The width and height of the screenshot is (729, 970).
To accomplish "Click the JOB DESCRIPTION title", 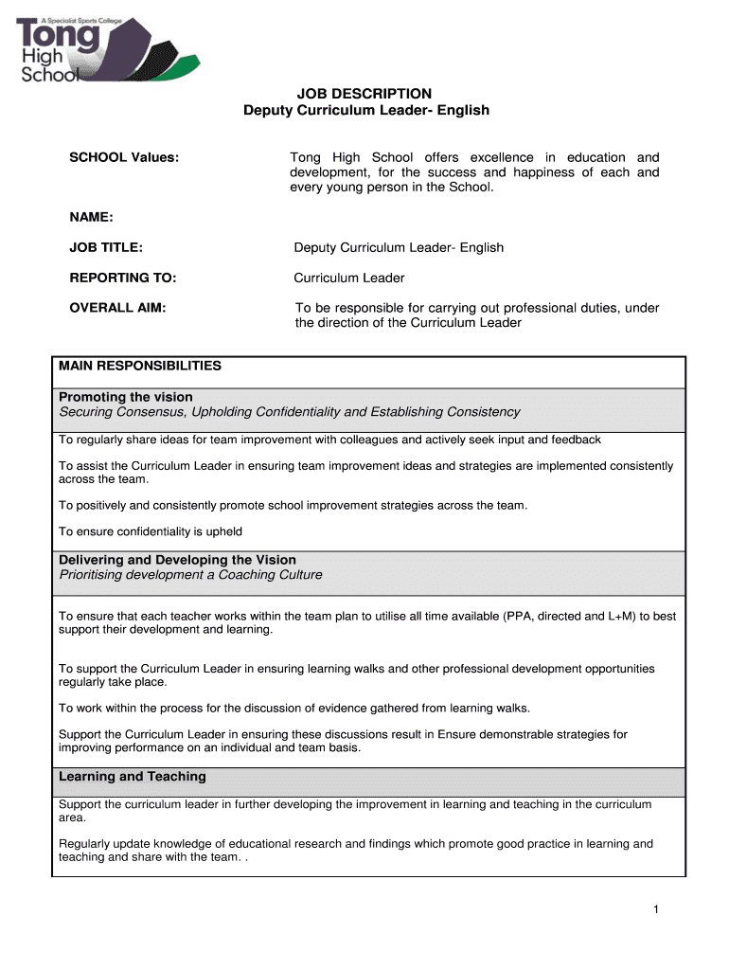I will coord(365,94).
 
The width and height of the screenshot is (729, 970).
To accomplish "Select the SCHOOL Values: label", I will coord(124,157).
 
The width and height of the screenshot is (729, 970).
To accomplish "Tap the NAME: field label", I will coord(91,218).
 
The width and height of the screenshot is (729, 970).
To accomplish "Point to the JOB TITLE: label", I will coord(106,248).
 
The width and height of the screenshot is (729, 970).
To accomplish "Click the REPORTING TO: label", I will coord(123,278).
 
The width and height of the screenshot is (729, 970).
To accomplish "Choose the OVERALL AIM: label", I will coord(117,308).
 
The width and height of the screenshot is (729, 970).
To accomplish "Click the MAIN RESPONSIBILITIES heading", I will coord(140,366).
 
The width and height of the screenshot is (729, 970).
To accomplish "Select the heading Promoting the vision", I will coord(126,397).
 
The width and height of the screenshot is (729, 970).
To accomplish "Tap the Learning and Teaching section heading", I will coord(133,777).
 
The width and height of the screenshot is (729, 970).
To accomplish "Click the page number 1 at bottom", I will coord(655,910).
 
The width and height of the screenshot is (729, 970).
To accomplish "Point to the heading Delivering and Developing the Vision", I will coord(177,560).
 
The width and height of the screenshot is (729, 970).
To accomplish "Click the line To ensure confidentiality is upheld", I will coord(151,531).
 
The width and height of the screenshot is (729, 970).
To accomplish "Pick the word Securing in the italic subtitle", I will coord(84,412).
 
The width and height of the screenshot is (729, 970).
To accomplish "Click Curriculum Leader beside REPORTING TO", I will coord(349,278).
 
